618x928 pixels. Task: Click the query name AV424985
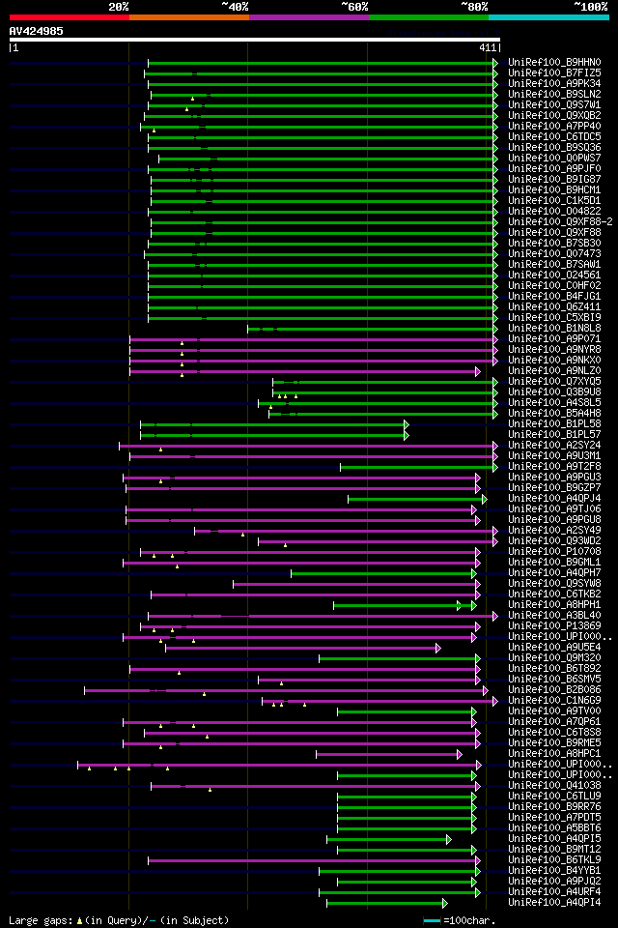pos(37,31)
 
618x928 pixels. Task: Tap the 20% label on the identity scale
pos(119,7)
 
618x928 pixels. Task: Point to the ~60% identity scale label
pos(354,7)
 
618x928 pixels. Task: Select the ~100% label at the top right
pos(590,7)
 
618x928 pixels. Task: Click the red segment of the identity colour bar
pos(69,17)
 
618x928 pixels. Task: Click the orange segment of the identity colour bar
pos(188,17)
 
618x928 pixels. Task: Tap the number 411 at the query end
pos(487,47)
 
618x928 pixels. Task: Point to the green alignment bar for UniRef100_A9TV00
pos(406,710)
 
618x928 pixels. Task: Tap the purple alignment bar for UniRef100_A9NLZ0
pos(309,370)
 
